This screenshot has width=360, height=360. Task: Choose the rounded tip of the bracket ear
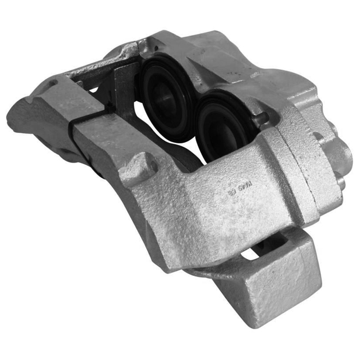[x=19, y=112]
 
